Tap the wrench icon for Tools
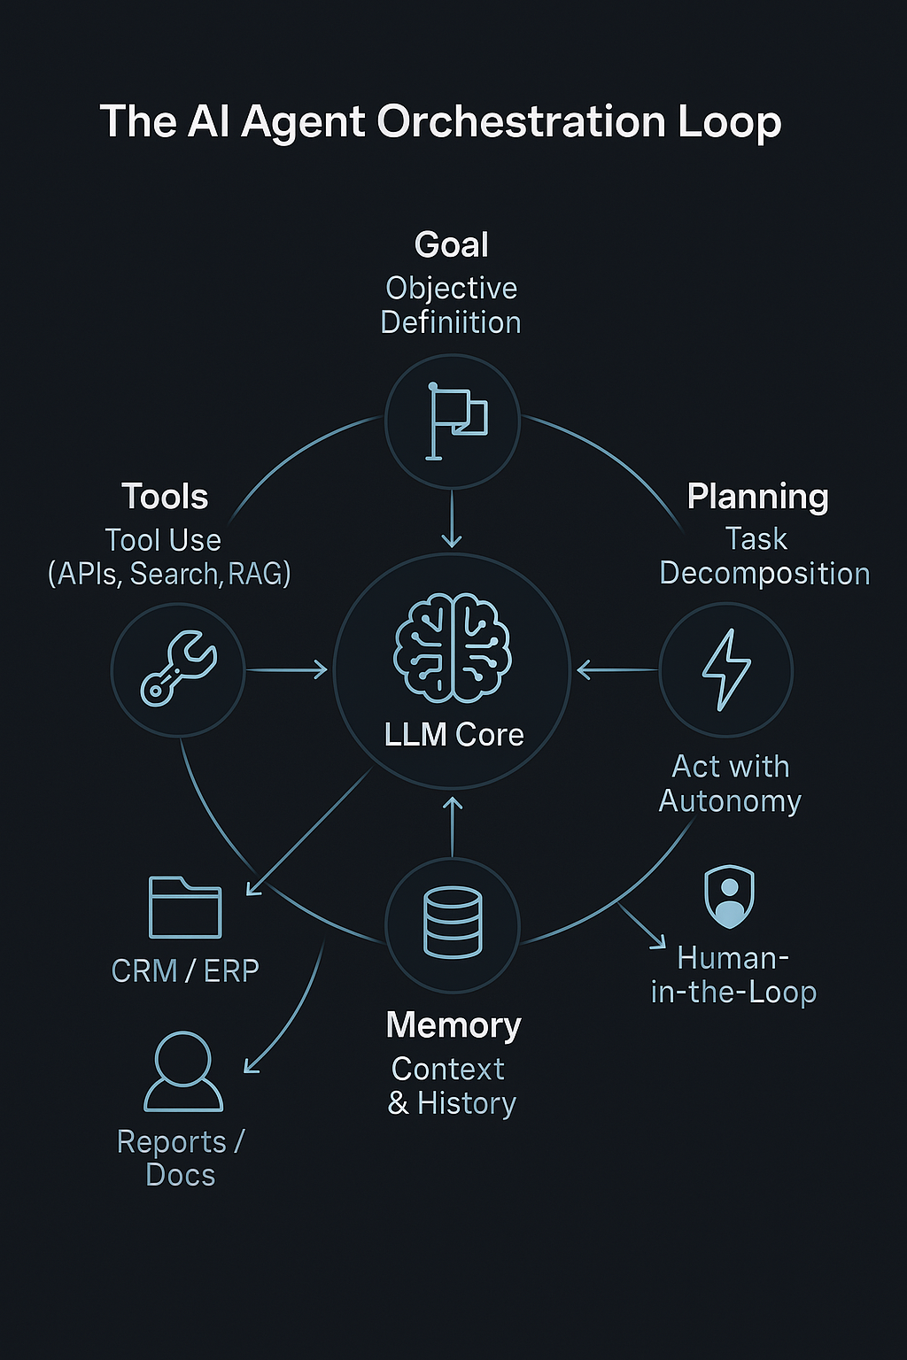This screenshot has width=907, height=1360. [x=178, y=668]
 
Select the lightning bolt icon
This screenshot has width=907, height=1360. [x=726, y=669]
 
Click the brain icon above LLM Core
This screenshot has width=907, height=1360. [x=453, y=648]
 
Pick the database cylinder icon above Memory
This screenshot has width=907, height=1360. [x=453, y=923]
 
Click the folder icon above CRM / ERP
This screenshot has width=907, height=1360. [x=185, y=907]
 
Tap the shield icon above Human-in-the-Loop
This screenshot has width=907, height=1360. [x=729, y=896]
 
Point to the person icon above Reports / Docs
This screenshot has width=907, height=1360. [x=183, y=1071]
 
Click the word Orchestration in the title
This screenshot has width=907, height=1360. [x=521, y=121]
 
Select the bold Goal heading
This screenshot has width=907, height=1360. [x=452, y=244]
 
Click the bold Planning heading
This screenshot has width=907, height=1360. [x=757, y=498]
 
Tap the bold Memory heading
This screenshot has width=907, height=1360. [x=453, y=1024]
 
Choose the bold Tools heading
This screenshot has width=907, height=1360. [x=165, y=496]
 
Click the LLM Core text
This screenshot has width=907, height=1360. [x=453, y=734]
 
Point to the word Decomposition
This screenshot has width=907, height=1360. [x=765, y=574]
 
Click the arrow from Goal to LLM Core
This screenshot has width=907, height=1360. [x=452, y=519]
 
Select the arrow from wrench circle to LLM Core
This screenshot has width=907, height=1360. [x=287, y=670]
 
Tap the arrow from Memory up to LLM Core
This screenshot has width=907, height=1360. [x=452, y=827]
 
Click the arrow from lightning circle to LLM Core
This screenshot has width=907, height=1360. [x=617, y=670]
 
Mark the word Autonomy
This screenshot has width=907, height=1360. [x=730, y=802]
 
